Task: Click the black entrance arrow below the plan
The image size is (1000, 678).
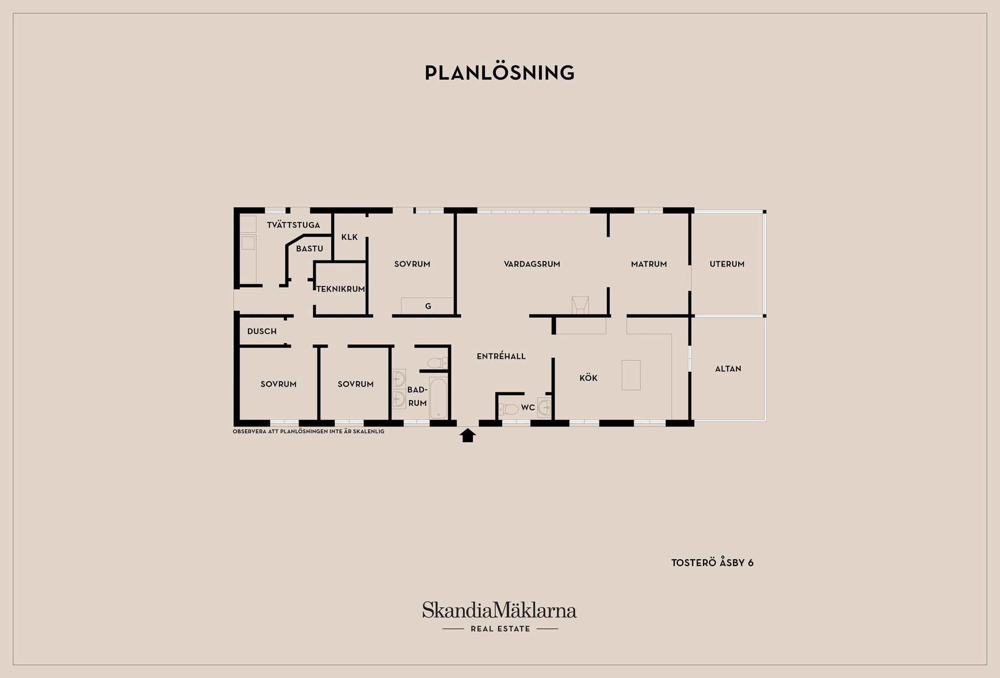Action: point(468,435)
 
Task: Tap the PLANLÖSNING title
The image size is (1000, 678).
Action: point(500,73)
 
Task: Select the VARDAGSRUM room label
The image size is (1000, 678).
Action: point(532,264)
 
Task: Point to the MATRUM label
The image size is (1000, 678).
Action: point(649,264)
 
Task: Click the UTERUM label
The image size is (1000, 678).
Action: point(727,264)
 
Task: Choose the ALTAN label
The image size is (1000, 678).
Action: point(728,369)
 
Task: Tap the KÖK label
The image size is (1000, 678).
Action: point(589,378)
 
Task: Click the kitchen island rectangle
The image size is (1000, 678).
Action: point(631,375)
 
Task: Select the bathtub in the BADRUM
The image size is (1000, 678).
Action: point(438,398)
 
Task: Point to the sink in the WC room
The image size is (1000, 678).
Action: point(544,407)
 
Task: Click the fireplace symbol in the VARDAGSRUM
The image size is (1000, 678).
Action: point(580,306)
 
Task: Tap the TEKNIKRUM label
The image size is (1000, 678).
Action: point(341,289)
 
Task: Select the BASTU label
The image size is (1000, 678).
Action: point(309,249)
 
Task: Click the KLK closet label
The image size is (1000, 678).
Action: point(349,237)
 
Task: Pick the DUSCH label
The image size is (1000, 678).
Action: point(262,331)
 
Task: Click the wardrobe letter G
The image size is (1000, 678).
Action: point(428,306)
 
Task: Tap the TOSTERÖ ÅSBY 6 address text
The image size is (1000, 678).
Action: point(712,563)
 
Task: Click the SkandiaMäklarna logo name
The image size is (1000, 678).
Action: point(499,610)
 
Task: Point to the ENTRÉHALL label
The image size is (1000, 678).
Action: point(501,356)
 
